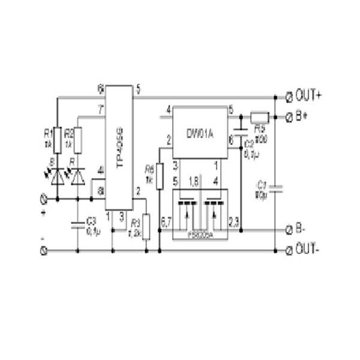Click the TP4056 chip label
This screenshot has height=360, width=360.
coord(119,148)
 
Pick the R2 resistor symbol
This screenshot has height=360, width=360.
coord(77,141)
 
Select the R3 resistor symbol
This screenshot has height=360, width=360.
coord(146,226)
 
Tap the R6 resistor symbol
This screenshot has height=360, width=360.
coord(160,176)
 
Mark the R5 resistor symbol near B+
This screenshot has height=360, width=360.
coord(259,116)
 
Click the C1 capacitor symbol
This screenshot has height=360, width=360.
coord(275,188)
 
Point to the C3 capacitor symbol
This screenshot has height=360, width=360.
coord(77,225)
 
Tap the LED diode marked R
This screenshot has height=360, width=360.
coord(77,176)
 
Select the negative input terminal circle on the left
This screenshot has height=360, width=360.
coord(43,250)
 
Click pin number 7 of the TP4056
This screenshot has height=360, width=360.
coord(100,109)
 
